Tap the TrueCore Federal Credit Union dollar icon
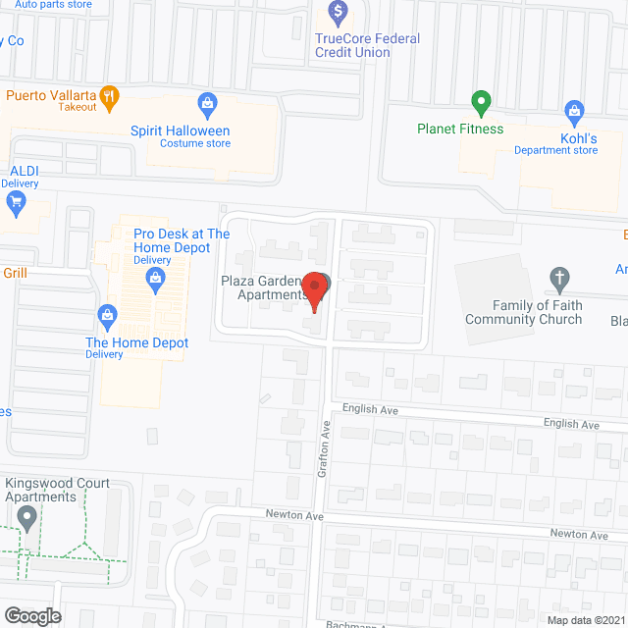[339, 13]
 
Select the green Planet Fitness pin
[481, 102]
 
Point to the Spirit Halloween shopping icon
[207, 102]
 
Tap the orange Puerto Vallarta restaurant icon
[109, 97]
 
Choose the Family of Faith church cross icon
[558, 280]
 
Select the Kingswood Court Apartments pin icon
[27, 520]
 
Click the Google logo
[31, 615]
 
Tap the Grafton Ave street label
[324, 450]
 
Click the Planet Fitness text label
[459, 129]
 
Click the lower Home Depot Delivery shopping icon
[107, 315]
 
